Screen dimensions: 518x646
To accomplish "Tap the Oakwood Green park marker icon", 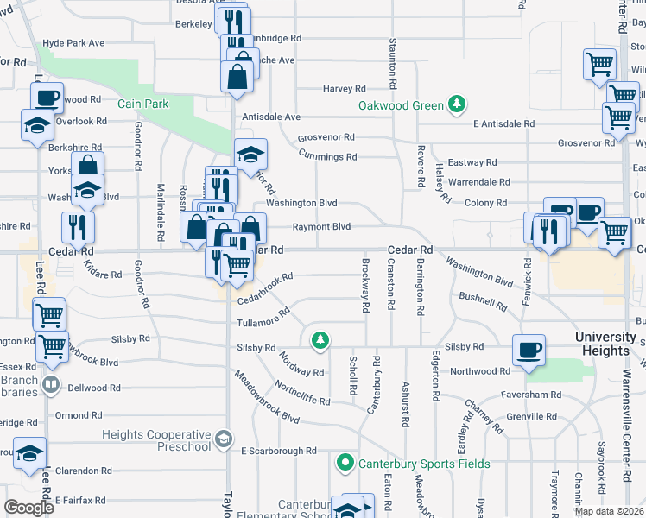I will pos(457,106).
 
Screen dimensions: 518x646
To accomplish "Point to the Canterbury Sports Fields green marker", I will pos(345,464).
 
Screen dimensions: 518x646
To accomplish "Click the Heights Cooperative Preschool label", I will pos(156,440).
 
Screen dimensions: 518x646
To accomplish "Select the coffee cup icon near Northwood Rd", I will pos(529,351).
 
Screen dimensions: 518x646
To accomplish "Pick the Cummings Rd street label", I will pos(327,156).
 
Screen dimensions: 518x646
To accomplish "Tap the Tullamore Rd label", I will pos(263,321).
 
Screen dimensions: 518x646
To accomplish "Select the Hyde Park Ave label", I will pos(73,43).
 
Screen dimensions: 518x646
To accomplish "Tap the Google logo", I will pos(28,508).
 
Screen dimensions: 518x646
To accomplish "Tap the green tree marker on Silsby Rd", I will pos(320,340).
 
